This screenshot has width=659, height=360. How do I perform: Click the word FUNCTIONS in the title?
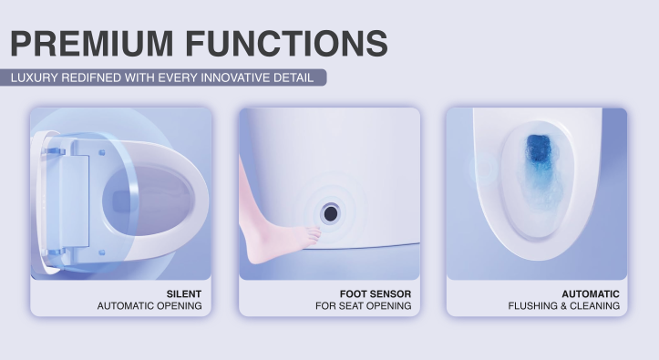[x=301, y=43]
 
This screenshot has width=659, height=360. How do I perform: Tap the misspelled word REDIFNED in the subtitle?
[x=95, y=77]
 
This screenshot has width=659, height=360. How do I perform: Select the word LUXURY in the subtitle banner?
[x=35, y=77]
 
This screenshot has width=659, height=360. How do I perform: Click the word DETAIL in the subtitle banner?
[x=293, y=77]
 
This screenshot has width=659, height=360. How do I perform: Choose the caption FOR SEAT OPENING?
[x=363, y=306]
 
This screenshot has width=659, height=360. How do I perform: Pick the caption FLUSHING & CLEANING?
[x=564, y=306]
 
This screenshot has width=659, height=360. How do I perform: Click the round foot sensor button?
[x=330, y=211]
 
